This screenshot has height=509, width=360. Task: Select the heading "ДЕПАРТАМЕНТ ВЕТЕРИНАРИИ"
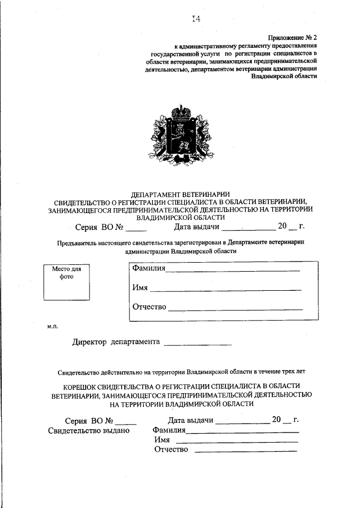[179, 194]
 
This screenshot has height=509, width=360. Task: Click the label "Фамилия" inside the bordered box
[148, 268]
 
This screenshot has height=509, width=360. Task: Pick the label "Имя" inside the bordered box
[140, 287]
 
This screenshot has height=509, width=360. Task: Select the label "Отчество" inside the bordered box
[150, 307]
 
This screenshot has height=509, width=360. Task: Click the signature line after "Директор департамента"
[197, 343]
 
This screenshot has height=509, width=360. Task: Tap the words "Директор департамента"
[116, 341]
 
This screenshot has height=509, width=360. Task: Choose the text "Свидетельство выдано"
[89, 430]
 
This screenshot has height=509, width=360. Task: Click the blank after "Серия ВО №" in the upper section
[136, 229]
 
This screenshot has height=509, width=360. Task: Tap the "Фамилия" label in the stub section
[169, 430]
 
